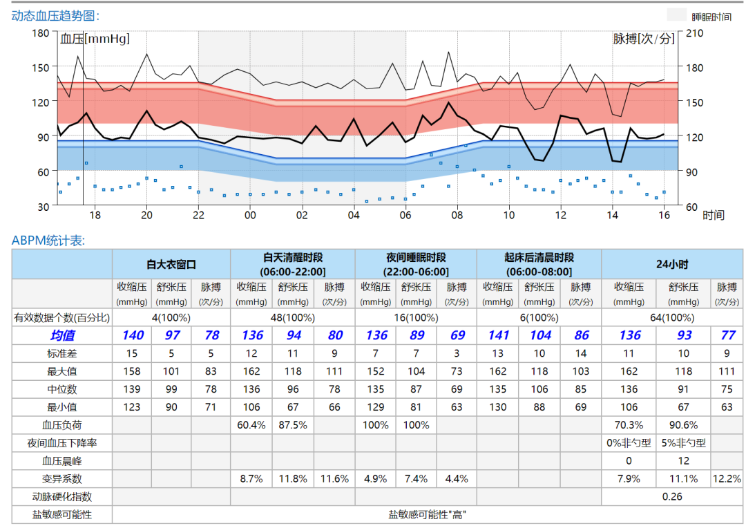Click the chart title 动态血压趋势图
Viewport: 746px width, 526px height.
tap(55, 15)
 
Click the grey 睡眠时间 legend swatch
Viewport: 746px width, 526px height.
tap(678, 15)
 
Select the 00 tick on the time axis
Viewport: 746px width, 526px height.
tap(250, 215)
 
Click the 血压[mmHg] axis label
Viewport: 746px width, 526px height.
tap(95, 39)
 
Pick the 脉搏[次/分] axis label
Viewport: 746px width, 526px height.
tap(643, 39)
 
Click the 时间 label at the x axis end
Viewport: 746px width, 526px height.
tap(714, 216)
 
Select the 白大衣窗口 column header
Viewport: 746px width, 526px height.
tap(171, 264)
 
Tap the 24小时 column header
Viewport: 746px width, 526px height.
tap(672, 264)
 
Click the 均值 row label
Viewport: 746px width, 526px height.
tap(62, 335)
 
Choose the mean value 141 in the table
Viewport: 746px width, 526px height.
tap(497, 335)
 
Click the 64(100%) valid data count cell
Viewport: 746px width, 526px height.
tap(672, 317)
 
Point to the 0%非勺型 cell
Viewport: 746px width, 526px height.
tap(629, 443)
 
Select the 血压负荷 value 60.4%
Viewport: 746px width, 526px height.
tap(251, 425)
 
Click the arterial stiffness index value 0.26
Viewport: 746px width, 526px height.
tap(672, 496)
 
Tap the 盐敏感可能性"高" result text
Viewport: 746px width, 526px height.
tap(428, 515)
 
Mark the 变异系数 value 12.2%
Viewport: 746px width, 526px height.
tap(727, 478)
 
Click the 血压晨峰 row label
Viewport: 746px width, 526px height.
tap(62, 461)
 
